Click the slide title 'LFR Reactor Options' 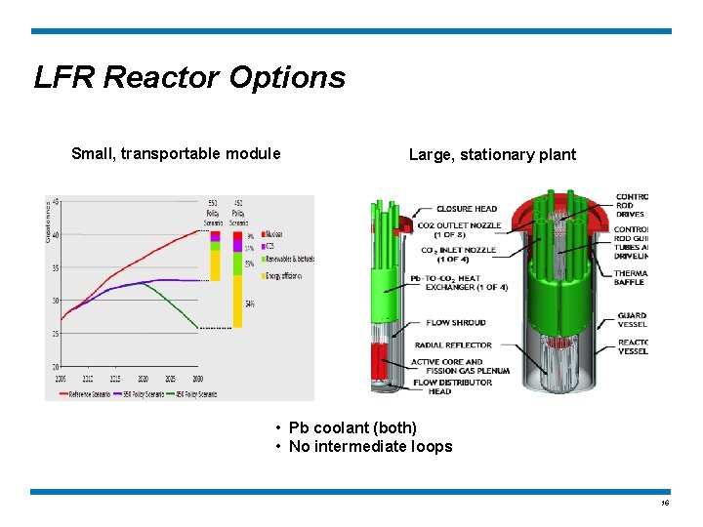point(189,77)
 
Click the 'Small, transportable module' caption point(176,153)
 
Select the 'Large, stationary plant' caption point(492,154)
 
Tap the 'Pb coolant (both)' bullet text point(352,427)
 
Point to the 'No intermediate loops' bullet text point(370,446)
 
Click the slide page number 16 point(665,504)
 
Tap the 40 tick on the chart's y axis point(56,235)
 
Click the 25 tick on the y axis point(56,334)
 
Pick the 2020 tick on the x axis point(144,377)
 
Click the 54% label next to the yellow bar point(250,304)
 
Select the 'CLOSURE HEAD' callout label point(466,209)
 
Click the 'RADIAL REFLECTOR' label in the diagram point(453,345)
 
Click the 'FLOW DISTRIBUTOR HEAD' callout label point(451,386)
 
